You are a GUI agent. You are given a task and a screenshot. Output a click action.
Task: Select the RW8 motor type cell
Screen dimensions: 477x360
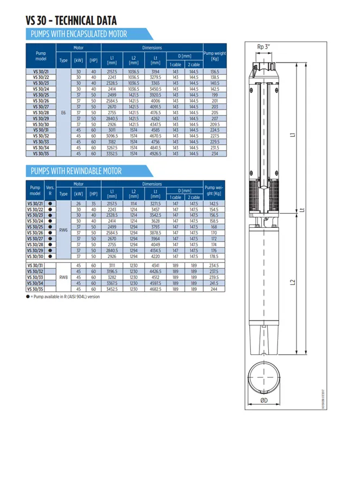[63, 277]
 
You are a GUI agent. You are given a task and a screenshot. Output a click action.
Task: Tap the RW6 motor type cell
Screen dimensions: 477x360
[63, 230]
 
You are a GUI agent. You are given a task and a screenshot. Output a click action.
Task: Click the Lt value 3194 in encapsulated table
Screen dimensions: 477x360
[155, 72]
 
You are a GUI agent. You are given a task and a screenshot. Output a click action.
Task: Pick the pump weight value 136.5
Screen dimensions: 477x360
[214, 72]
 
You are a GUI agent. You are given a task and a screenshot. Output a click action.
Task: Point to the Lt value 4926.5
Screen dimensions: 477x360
[155, 154]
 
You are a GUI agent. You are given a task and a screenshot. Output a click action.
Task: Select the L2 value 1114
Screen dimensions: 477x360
[134, 203]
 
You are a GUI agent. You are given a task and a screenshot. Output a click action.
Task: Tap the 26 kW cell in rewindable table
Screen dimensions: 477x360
[78, 203]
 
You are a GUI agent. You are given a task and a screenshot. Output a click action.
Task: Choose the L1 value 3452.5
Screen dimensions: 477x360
[112, 290]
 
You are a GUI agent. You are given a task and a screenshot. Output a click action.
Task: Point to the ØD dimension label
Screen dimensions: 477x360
[263, 400]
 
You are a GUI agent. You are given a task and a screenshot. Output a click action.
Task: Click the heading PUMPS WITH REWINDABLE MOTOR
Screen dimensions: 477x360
[76, 171]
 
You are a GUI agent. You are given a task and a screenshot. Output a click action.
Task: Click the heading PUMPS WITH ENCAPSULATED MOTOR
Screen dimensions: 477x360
[79, 34]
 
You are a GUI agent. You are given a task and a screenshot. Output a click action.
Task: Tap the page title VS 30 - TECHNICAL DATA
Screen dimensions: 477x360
[71, 21]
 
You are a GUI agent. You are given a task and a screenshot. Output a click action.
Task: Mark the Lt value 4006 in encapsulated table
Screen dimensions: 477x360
[155, 101]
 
